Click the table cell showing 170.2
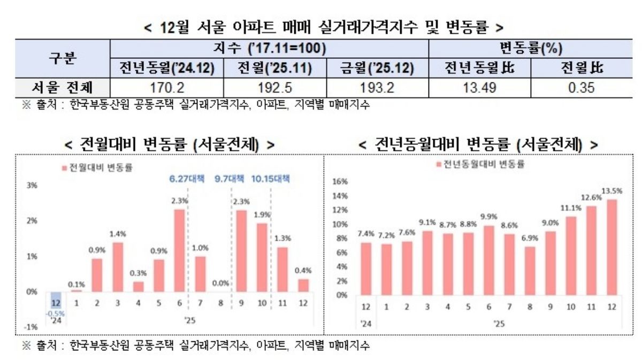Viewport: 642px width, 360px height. [167, 87]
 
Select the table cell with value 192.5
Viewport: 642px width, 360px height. [274, 87]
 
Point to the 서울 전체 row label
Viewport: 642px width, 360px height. [63, 87]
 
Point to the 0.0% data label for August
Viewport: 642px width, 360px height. [220, 283]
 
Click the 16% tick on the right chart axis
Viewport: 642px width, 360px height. [340, 181]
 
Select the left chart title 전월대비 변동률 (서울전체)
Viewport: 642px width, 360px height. [170, 144]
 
